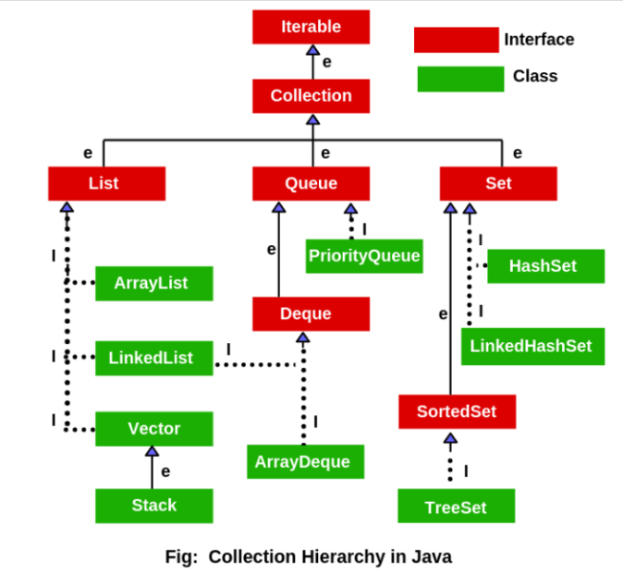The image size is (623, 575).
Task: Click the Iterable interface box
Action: pyautogui.click(x=311, y=27)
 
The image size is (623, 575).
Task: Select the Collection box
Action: pyautogui.click(x=311, y=96)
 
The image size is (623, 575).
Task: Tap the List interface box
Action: pyautogui.click(x=106, y=183)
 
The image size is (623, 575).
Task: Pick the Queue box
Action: pyautogui.click(x=311, y=183)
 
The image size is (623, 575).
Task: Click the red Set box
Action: pyautogui.click(x=498, y=183)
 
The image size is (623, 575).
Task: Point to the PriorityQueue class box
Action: pyautogui.click(x=364, y=256)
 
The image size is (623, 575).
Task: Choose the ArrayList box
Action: pyautogui.click(x=153, y=283)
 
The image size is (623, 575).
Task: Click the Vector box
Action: pyautogui.click(x=153, y=429)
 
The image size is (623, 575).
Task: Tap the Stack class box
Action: pyautogui.click(x=153, y=506)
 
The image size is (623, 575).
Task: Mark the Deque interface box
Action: pyautogui.click(x=311, y=313)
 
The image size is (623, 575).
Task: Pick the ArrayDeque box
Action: pyautogui.click(x=305, y=461)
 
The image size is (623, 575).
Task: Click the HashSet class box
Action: pyautogui.click(x=545, y=266)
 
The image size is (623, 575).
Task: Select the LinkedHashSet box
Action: pyautogui.click(x=532, y=347)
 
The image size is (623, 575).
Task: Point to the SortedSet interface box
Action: pyautogui.click(x=457, y=411)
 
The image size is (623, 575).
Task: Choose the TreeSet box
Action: pyautogui.click(x=456, y=507)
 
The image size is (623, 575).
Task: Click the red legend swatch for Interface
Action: pyautogui.click(x=456, y=40)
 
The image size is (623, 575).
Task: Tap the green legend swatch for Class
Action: pyautogui.click(x=459, y=79)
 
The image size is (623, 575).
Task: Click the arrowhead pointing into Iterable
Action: pyautogui.click(x=312, y=50)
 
